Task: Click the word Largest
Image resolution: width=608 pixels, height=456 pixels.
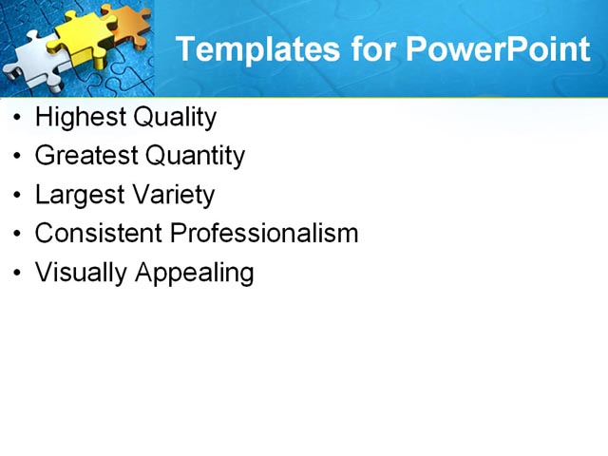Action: pyautogui.click(x=78, y=195)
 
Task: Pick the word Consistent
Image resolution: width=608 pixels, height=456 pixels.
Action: pyautogui.click(x=98, y=234)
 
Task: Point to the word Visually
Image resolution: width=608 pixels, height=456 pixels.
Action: pyautogui.click(x=81, y=273)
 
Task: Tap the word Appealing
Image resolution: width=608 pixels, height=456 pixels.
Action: pyautogui.click(x=195, y=273)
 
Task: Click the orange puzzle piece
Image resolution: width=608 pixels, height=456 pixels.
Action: pyautogui.click(x=126, y=23)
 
